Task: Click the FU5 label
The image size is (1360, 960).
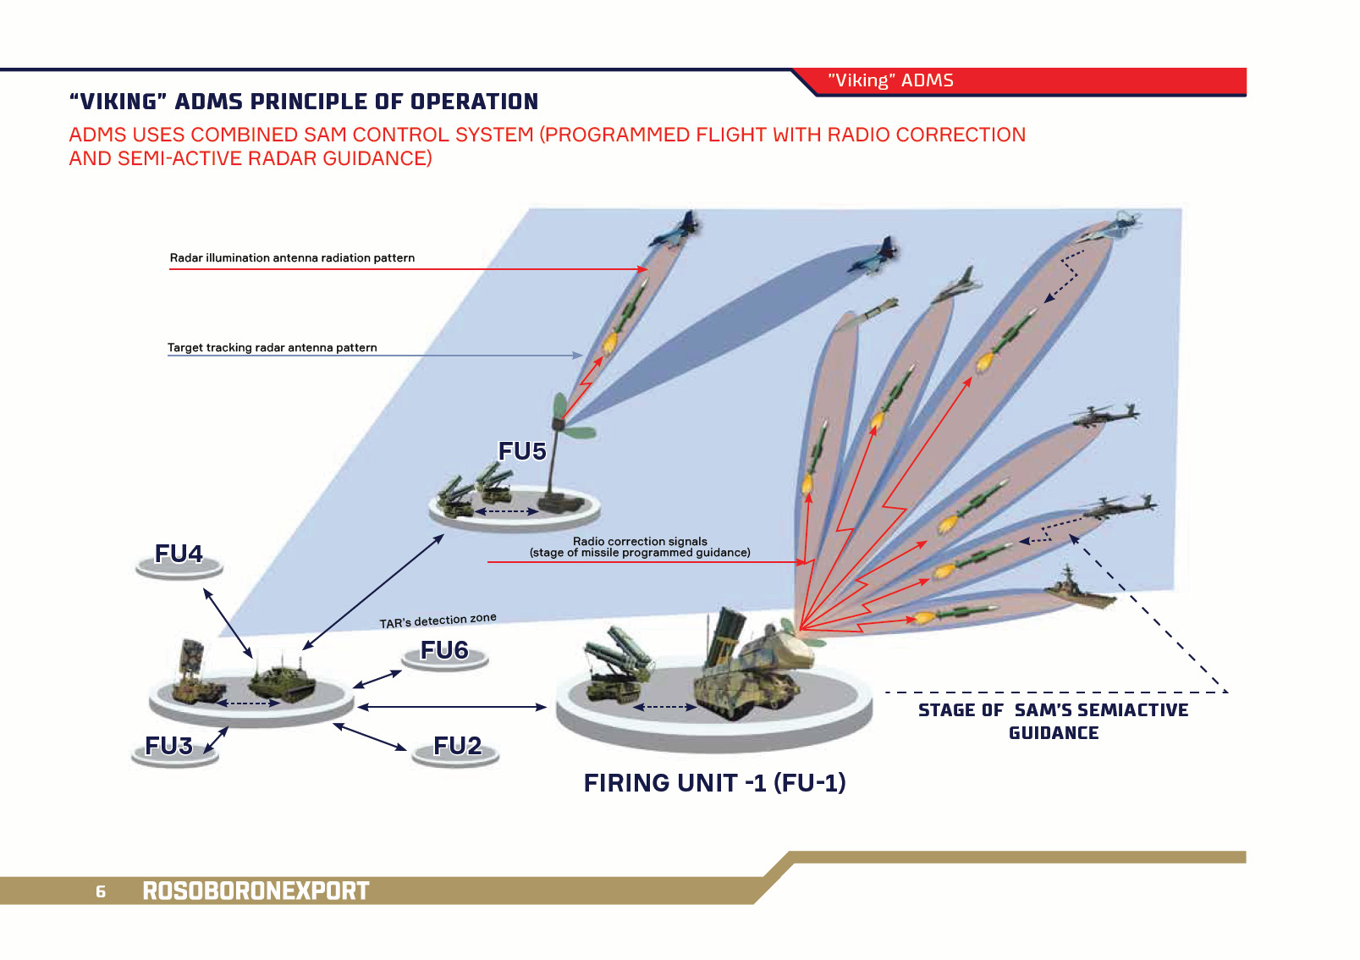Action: point(522,451)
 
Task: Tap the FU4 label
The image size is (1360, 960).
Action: point(179,554)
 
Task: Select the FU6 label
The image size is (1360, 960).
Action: point(444,650)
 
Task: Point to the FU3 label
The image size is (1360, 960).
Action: point(168,746)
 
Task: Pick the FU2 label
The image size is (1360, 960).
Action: point(457,746)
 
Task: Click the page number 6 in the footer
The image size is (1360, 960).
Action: point(101,891)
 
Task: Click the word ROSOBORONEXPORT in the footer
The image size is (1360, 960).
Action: point(256,891)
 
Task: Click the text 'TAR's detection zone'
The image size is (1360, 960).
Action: point(438,621)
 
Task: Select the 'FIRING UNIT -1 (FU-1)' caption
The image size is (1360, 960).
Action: point(714,783)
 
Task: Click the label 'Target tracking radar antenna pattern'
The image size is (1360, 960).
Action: point(272,347)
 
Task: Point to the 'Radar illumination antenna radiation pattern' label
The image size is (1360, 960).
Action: point(292,257)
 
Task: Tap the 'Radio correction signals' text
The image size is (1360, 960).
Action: point(640,541)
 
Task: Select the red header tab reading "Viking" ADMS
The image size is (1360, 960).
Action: point(890,80)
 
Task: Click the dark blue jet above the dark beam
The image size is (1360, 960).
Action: point(873,257)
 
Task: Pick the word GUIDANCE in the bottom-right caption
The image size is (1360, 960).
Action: point(1054,733)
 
